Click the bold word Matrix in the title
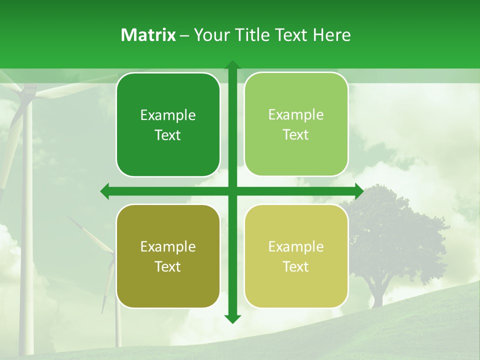(148, 35)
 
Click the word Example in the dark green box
(168, 115)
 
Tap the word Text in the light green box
(296, 135)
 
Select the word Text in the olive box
(168, 266)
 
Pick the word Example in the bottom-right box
(296, 246)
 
